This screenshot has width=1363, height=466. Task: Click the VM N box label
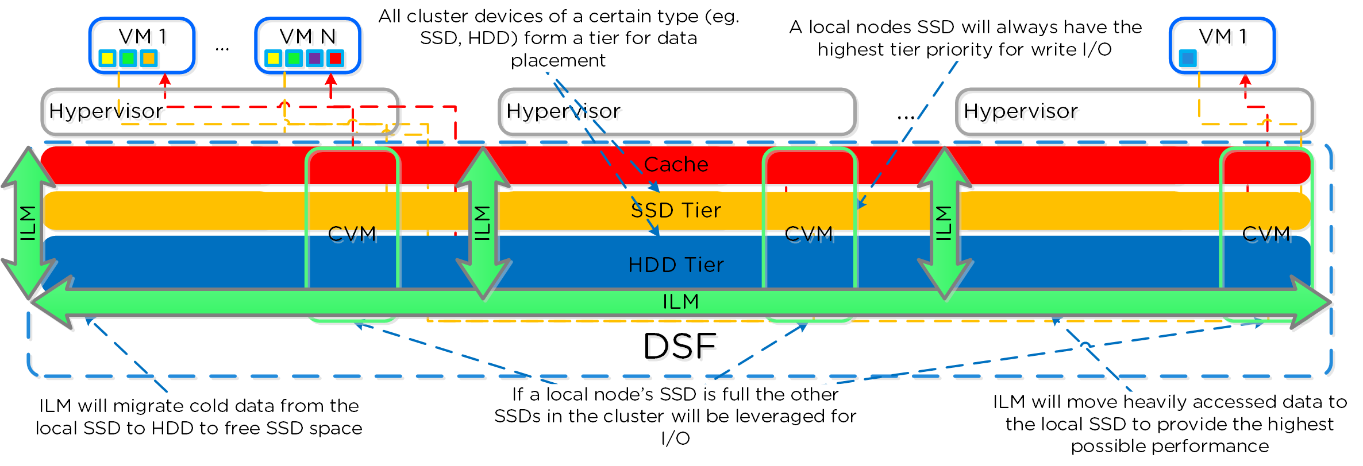pyautogui.click(x=307, y=36)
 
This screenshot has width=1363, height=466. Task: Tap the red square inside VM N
pyautogui.click(x=335, y=58)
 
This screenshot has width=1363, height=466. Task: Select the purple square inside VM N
pyautogui.click(x=314, y=58)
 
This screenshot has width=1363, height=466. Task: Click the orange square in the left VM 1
pyautogui.click(x=148, y=58)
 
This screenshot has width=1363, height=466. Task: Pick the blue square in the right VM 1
pyautogui.click(x=1188, y=58)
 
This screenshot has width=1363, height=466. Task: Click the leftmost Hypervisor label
pyautogui.click(x=106, y=111)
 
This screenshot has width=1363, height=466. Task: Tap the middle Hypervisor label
pyautogui.click(x=563, y=111)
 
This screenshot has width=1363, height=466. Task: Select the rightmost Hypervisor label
pyautogui.click(x=1021, y=111)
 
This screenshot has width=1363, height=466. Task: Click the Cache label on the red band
pyautogui.click(x=676, y=165)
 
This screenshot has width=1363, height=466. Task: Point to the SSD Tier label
pyautogui.click(x=676, y=210)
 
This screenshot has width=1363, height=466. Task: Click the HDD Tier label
pyautogui.click(x=676, y=265)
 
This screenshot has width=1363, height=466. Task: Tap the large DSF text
pyautogui.click(x=680, y=346)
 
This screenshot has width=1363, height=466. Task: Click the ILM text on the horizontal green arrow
pyautogui.click(x=681, y=301)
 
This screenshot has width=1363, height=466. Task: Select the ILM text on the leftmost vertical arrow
pyautogui.click(x=28, y=223)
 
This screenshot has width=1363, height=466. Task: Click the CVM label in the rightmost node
pyautogui.click(x=1266, y=234)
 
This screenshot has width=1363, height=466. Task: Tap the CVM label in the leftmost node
pyautogui.click(x=352, y=234)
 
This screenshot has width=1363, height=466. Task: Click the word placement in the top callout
pyautogui.click(x=558, y=60)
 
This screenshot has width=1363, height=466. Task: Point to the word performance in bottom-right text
pyautogui.click(x=1170, y=446)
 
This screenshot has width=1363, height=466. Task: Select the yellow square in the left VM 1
pyautogui.click(x=107, y=58)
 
